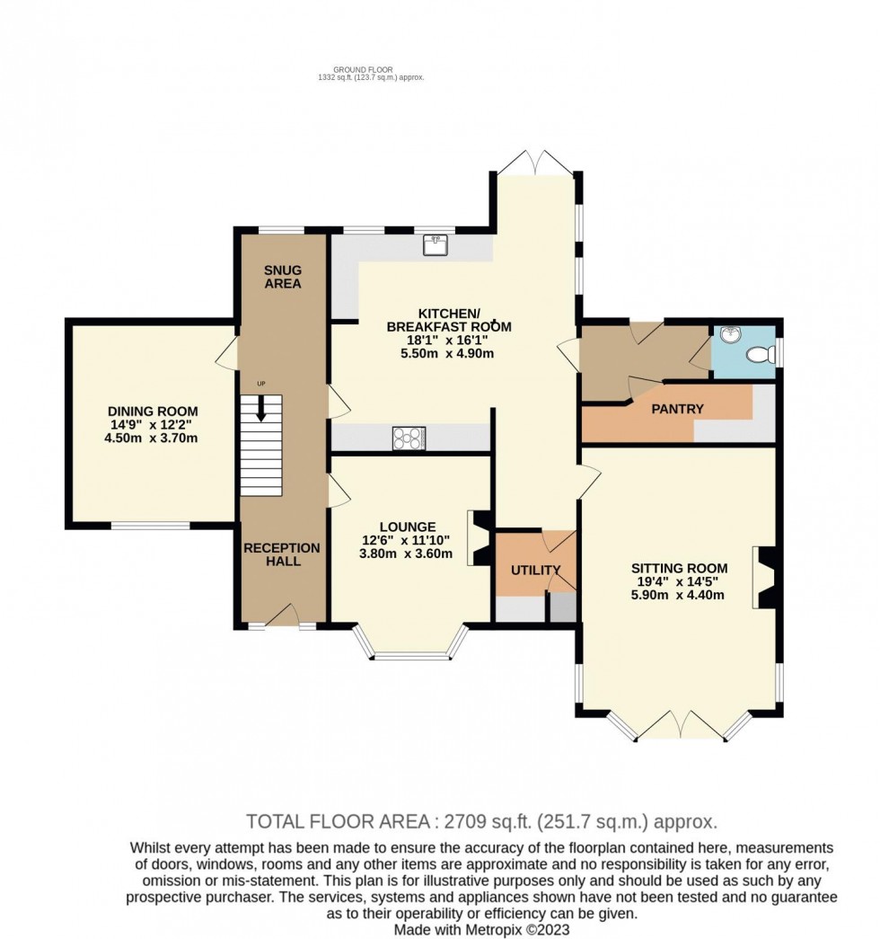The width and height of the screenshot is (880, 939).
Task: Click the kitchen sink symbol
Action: click(436, 244)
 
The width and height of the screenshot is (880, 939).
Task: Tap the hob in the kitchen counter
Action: click(409, 438)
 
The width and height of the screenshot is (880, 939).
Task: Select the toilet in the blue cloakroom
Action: click(762, 356)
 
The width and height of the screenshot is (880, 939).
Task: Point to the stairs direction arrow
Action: click(261, 410)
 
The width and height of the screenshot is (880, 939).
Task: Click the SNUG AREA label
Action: click(283, 277)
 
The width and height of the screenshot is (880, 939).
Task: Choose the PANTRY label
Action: click(678, 409)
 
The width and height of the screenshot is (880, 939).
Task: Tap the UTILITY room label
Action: click(535, 570)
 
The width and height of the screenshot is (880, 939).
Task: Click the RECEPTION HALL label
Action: click(282, 554)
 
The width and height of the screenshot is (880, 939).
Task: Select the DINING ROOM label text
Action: click(153, 411)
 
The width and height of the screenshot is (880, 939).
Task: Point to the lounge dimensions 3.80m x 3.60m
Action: click(408, 554)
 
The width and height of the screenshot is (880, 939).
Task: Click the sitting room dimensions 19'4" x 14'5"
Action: click(678, 581)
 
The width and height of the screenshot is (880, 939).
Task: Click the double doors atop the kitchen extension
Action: click(535, 163)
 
